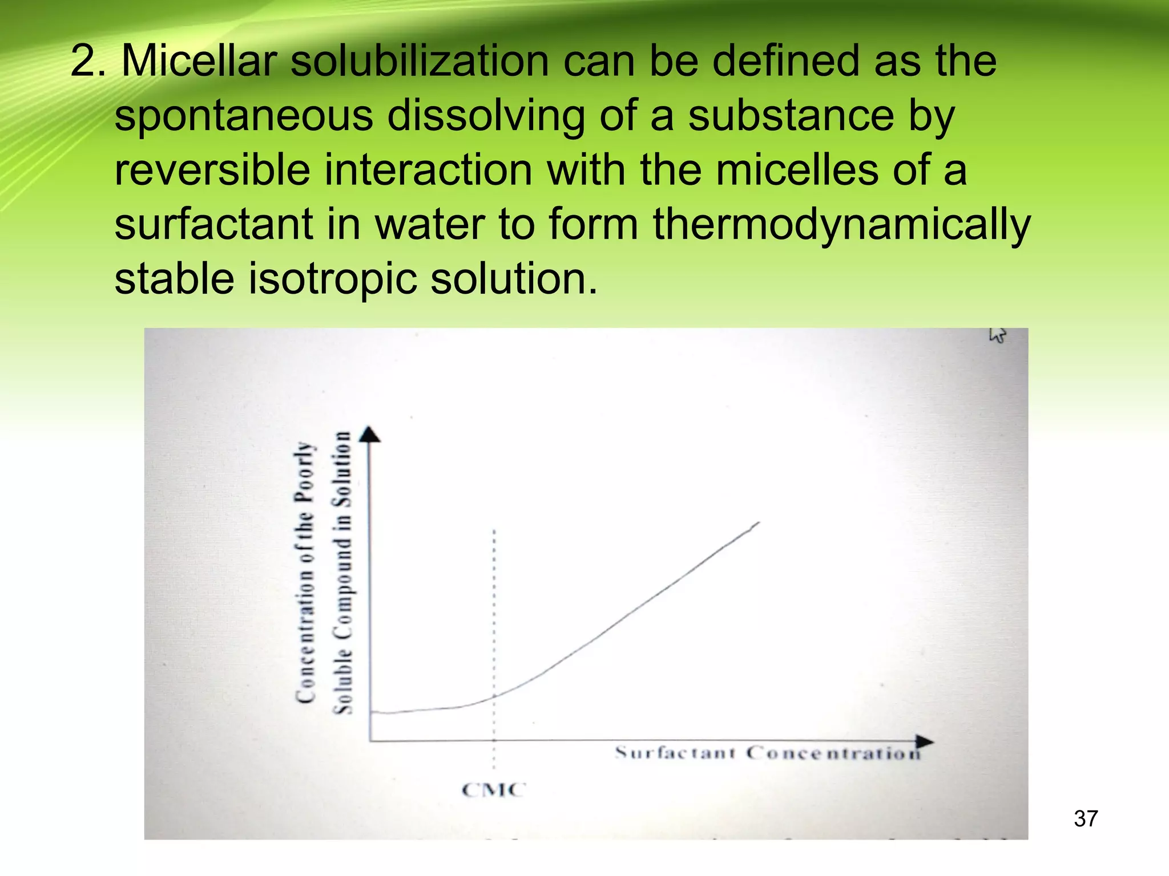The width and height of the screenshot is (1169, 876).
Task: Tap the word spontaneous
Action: pyautogui.click(x=244, y=116)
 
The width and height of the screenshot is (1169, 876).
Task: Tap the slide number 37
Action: pyautogui.click(x=1085, y=819)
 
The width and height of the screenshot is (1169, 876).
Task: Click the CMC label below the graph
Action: pyautogui.click(x=493, y=790)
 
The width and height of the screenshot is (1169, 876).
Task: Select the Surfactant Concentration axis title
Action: pyautogui.click(x=768, y=753)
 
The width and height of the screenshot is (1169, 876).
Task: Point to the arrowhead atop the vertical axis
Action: pyautogui.click(x=370, y=435)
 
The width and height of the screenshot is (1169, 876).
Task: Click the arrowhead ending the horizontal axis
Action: pyautogui.click(x=925, y=741)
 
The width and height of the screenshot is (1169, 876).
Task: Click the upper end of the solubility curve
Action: pyautogui.click(x=758, y=522)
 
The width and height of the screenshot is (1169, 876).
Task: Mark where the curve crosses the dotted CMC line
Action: pyautogui.click(x=494, y=695)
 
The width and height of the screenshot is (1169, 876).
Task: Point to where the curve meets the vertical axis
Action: pyautogui.click(x=372, y=712)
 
